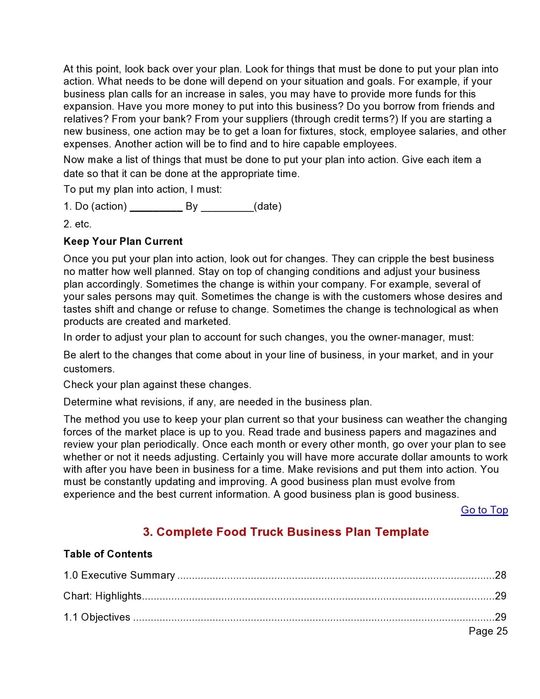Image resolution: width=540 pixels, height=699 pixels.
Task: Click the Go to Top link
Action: click(484, 510)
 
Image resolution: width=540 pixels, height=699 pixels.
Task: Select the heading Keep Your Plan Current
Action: click(123, 241)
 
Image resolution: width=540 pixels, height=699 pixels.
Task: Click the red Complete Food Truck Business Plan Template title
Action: click(286, 532)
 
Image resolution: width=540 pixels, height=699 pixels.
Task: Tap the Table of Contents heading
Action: click(108, 554)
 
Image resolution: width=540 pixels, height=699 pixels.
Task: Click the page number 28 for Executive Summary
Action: click(501, 575)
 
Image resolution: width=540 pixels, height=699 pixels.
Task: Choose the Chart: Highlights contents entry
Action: click(102, 596)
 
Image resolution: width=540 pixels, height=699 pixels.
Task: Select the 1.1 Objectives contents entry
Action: click(97, 617)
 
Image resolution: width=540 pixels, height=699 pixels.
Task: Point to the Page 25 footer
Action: click(488, 631)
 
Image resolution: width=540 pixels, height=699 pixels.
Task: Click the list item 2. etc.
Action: click(78, 224)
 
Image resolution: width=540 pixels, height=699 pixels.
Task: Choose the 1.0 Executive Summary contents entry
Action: click(119, 575)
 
